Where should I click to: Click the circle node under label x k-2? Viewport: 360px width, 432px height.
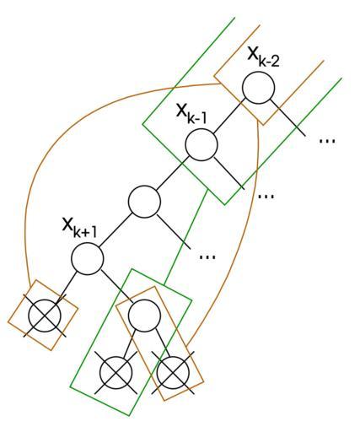258,88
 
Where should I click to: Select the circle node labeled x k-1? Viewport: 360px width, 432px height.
201,144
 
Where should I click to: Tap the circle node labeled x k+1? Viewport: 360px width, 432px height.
87,258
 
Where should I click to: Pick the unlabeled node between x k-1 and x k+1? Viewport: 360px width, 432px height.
144,202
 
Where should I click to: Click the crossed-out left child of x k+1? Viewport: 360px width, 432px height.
45,316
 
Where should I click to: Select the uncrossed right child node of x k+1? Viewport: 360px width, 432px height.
144,316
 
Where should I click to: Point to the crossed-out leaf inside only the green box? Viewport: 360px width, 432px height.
116,373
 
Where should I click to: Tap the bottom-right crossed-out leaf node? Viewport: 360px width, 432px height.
173,373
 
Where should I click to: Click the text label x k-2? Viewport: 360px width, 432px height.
263,57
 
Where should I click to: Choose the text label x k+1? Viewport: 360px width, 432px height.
79,228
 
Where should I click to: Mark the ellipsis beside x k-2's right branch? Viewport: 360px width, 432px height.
327,140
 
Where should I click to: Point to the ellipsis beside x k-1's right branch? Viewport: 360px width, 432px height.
266,196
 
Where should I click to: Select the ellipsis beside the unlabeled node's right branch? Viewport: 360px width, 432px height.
207,256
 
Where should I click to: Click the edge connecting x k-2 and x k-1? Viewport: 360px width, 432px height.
229,116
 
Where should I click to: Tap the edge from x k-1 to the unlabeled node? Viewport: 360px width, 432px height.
172,173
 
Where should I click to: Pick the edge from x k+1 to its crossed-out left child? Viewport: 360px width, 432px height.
66,288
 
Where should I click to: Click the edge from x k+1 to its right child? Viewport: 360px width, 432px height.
117,287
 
